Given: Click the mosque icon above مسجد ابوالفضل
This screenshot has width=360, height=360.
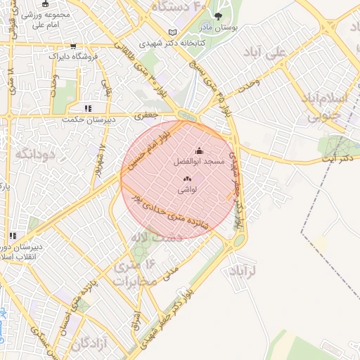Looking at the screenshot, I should [x=199, y=150].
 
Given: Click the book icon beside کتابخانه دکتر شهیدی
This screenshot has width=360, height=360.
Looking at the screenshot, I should [x=173, y=33].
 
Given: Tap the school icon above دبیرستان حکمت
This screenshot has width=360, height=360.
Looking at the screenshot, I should [x=88, y=108].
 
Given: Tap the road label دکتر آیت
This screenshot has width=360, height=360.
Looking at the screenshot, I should [x=335, y=162].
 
